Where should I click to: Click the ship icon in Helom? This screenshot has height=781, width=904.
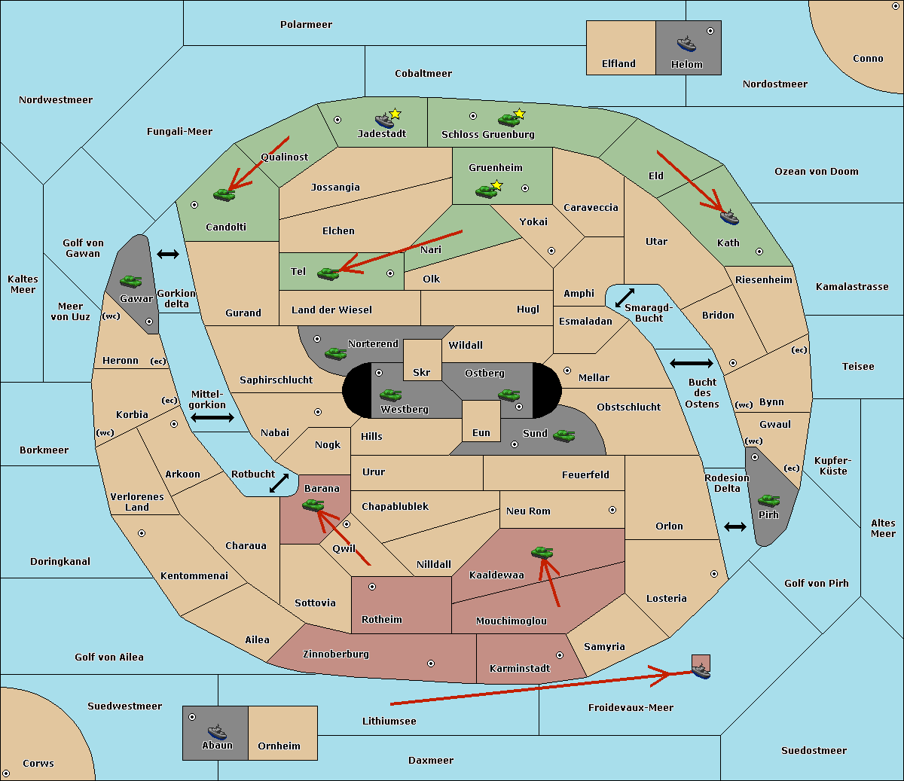click(686, 44)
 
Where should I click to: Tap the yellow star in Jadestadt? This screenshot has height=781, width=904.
click(395, 114)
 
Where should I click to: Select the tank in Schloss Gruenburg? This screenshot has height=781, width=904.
click(508, 120)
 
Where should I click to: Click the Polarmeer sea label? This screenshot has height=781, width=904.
click(306, 25)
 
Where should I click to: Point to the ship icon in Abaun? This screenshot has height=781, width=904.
click(217, 731)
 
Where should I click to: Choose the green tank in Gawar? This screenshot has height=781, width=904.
click(131, 281)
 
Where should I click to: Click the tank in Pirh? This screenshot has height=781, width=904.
click(768, 500)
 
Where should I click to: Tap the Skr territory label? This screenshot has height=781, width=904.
click(422, 372)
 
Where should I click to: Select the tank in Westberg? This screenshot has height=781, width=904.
click(390, 395)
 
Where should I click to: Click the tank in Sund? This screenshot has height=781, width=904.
click(563, 435)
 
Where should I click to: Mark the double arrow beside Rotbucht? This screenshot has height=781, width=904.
click(279, 484)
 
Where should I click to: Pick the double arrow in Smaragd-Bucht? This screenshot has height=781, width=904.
click(625, 297)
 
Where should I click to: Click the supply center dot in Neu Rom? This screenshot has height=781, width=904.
click(612, 510)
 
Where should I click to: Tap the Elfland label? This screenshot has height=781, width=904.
click(618, 64)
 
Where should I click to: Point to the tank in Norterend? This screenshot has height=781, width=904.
click(335, 353)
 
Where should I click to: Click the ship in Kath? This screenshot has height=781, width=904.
click(729, 217)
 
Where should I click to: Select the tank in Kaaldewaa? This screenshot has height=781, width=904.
click(542, 552)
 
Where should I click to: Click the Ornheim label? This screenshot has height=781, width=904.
click(279, 746)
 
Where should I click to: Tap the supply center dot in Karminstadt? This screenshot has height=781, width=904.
click(560, 655)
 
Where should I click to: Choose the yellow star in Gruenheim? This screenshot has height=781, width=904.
click(497, 185)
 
